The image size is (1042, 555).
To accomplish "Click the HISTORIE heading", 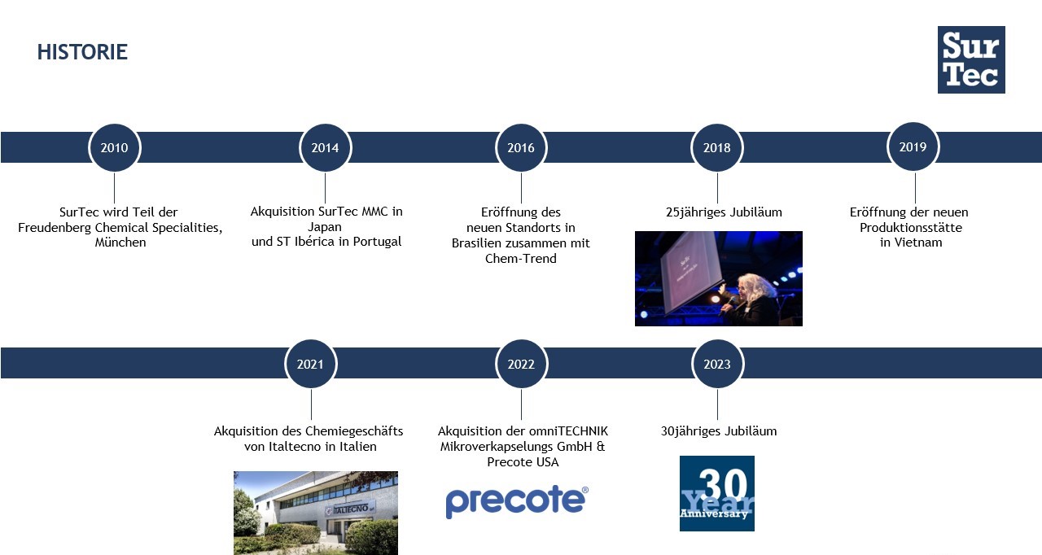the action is [82, 51].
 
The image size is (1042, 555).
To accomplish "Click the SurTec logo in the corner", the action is [971, 59].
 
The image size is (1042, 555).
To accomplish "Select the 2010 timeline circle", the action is [115, 148].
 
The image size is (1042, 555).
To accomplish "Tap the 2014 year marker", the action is [325, 148].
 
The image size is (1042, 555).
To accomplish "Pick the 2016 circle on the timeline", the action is [521, 148].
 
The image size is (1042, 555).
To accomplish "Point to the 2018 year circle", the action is [717, 148].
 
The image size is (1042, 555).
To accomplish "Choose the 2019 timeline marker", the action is [913, 146].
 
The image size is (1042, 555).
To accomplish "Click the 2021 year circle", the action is [311, 364].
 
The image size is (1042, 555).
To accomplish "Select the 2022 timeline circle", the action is [521, 364].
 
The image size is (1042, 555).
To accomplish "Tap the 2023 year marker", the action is [717, 364].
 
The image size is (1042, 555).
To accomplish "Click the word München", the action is [120, 243].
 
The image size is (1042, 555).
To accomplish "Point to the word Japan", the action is [325, 227].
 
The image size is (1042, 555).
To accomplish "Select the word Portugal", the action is [377, 242].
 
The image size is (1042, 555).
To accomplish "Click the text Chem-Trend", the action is [520, 259].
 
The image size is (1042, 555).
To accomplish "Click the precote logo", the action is [517, 501].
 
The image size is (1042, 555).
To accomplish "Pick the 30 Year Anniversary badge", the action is [717, 493].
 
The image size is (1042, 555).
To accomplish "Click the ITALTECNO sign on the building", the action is [350, 509].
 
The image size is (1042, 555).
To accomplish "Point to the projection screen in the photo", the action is [691, 272].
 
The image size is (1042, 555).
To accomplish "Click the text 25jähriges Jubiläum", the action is [724, 212].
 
